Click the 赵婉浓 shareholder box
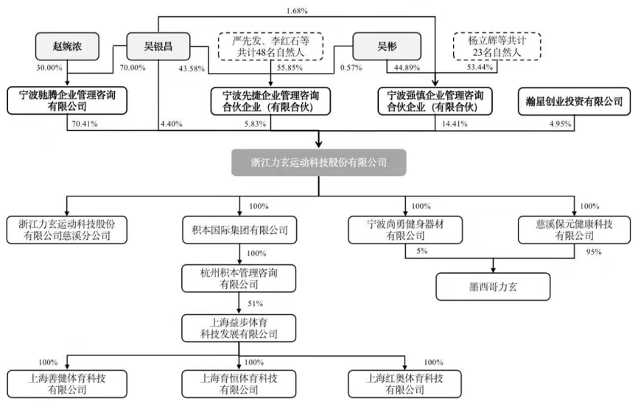pos(69,46)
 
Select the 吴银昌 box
pos(158,46)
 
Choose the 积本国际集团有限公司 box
pos(239,230)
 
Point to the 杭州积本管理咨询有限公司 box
pos(239,278)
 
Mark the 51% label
pos(254,302)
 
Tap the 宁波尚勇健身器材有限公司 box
pos(404,230)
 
